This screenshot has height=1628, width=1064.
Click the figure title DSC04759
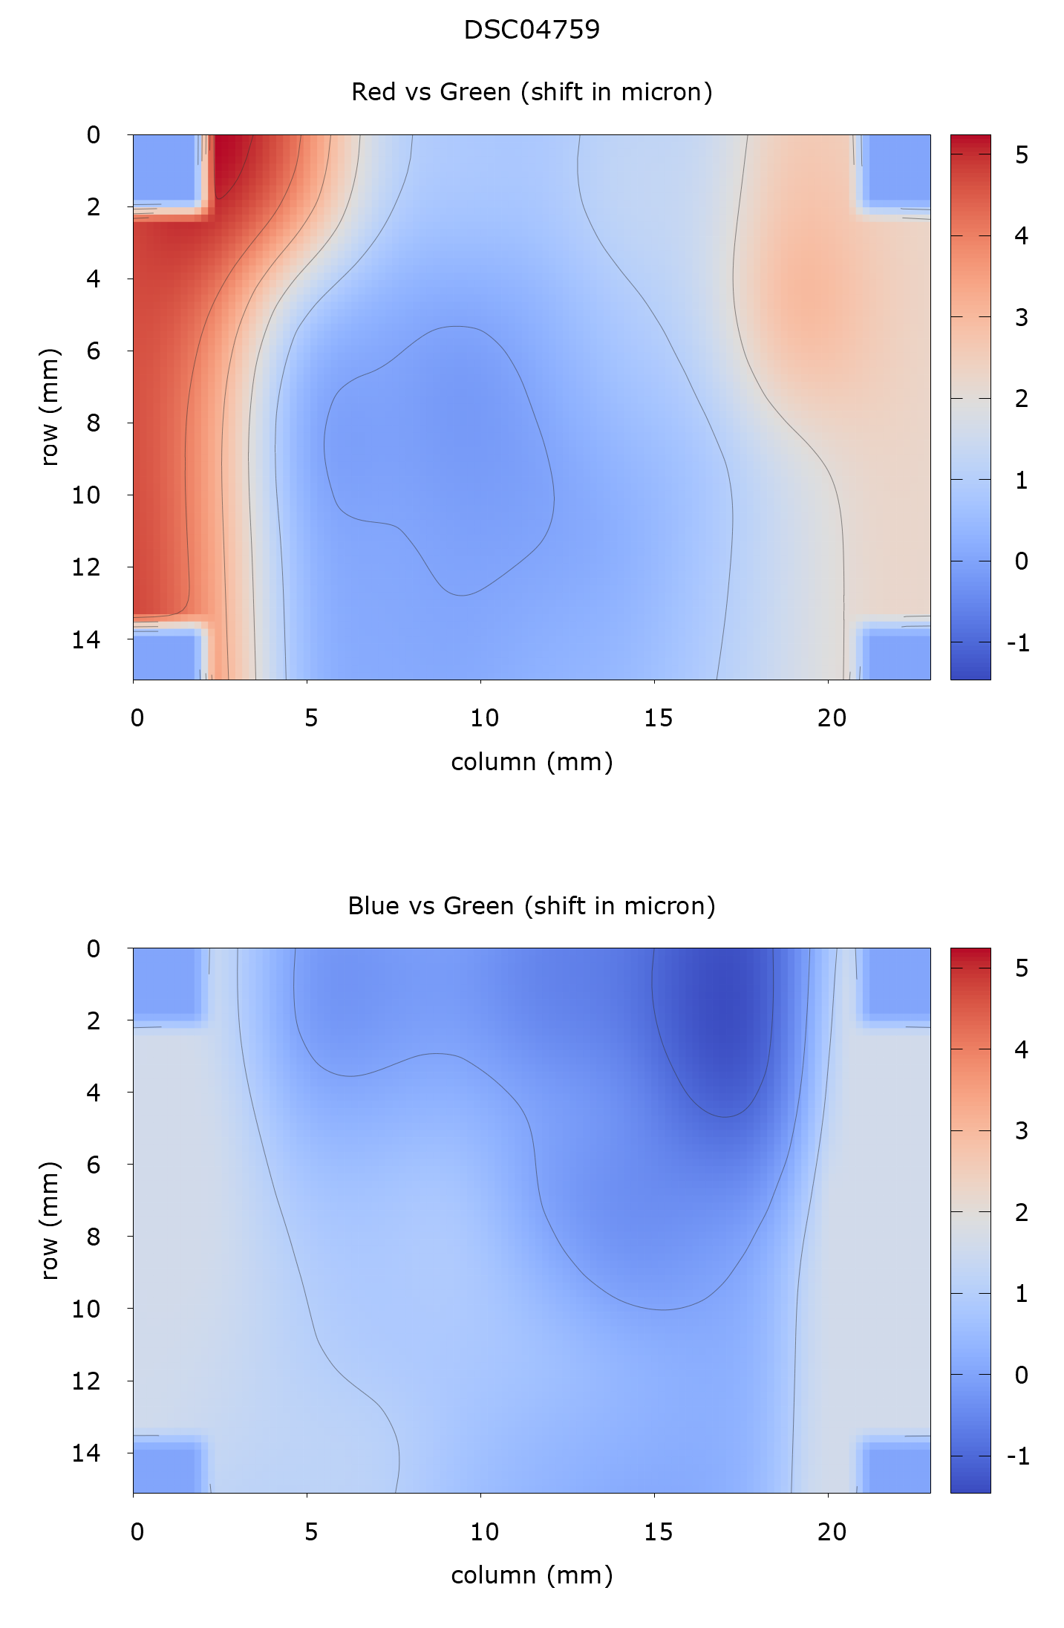532,30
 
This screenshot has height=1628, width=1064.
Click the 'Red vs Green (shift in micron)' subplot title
532,92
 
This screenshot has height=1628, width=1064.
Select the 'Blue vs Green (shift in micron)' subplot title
532,906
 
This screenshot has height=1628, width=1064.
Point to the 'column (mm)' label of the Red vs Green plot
532,762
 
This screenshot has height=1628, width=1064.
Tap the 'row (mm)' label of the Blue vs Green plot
49,1220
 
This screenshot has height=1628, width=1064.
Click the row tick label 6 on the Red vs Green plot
93,351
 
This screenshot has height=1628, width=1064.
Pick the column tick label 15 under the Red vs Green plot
658,718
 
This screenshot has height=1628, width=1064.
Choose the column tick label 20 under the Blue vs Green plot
832,1531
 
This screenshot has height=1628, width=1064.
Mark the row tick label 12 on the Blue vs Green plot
85,1381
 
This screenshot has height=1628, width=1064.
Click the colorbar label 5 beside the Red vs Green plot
1022,154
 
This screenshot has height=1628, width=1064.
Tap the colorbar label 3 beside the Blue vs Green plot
1022,1130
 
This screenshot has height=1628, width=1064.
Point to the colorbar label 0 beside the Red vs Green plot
1022,561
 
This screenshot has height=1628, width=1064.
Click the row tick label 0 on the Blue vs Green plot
93,948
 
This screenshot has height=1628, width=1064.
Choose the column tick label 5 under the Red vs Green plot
310,718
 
